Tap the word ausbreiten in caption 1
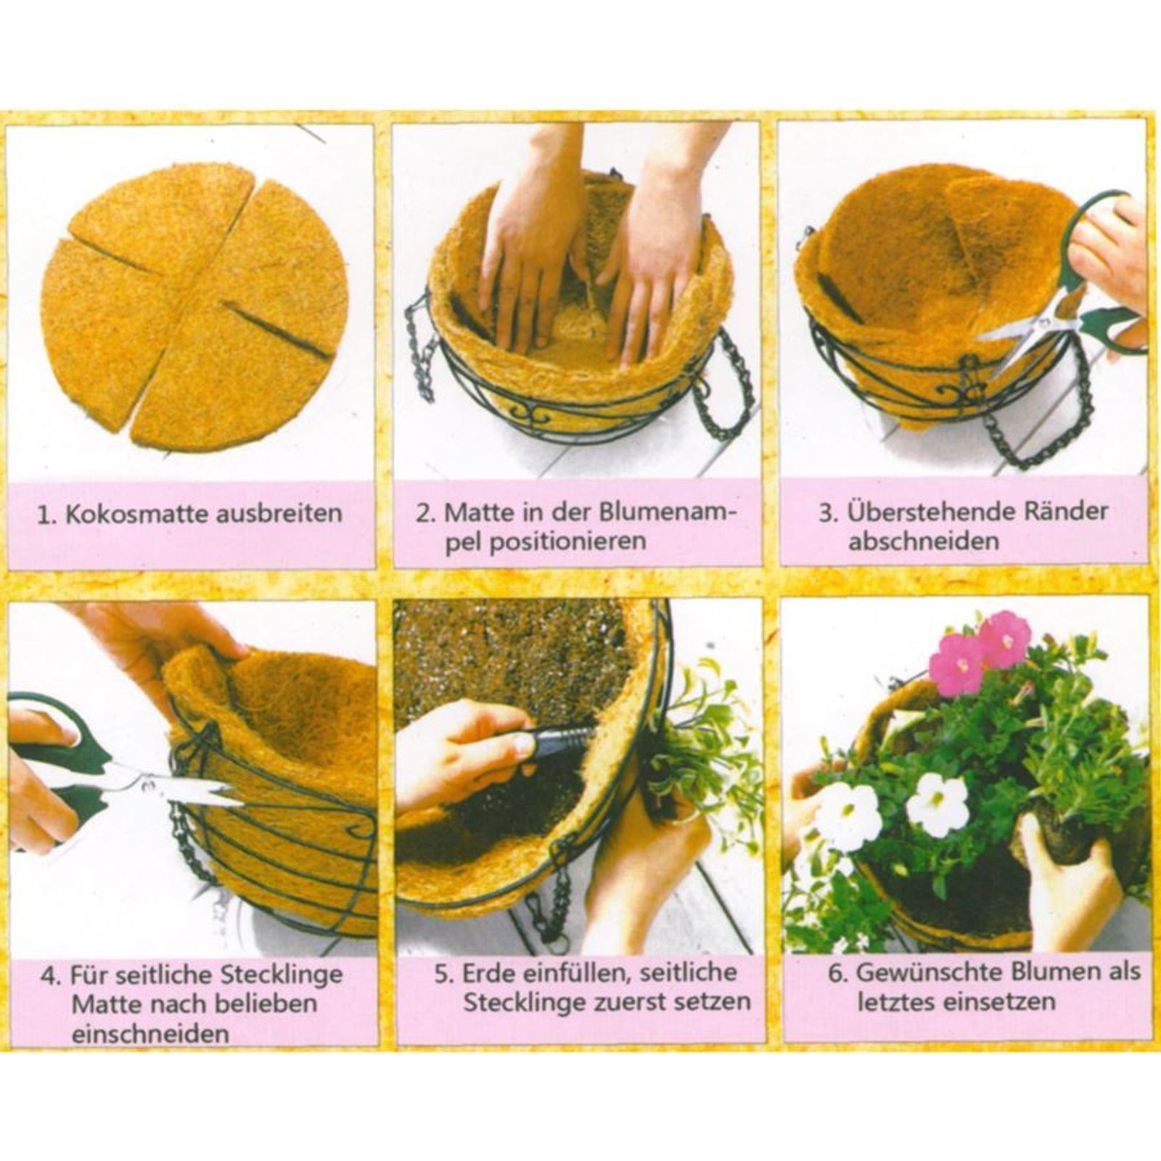coord(279,514)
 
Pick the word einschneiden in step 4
coord(149,1034)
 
